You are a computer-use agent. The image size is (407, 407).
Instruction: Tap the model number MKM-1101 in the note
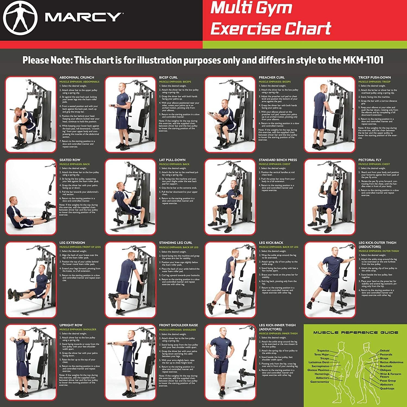pos(363,60)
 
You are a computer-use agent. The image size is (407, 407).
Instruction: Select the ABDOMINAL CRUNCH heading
pos(77,78)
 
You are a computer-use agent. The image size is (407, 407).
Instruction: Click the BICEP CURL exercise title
pos(168,78)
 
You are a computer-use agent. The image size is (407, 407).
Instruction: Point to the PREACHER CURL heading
pos(272,78)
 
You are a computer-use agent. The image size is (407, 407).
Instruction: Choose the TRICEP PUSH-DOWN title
pos(374,78)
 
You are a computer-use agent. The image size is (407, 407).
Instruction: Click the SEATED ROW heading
pos(70,160)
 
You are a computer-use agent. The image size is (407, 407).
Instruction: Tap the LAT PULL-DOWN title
pos(172,160)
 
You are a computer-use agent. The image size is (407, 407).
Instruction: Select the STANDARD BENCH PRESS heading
pos(278,160)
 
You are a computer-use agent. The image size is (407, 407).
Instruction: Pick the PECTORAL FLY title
pos(370,160)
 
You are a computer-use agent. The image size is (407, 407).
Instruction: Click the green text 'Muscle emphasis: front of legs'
pos(80,247)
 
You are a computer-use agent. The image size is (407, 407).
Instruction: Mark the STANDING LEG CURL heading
pos(176,243)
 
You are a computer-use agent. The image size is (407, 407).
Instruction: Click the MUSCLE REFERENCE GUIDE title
pos(355,332)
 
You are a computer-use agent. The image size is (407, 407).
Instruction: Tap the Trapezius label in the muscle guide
pos(323,351)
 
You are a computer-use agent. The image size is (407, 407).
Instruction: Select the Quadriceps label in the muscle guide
pos(387,389)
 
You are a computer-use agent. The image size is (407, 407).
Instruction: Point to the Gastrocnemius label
pos(320,382)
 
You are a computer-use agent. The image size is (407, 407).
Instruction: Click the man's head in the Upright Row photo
pos(22,333)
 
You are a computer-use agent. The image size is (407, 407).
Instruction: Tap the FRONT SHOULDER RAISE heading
pos(179,325)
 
